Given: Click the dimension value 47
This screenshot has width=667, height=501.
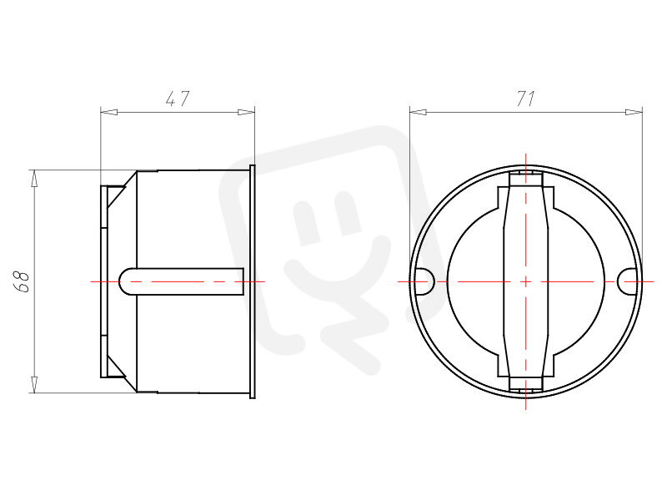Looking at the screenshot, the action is tap(177, 99).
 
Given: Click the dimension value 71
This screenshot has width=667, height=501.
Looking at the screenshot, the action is tap(526, 99).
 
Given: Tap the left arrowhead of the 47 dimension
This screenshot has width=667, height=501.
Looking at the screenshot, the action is tap(108, 112).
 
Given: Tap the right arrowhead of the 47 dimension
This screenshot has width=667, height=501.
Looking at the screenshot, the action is tap(246, 112).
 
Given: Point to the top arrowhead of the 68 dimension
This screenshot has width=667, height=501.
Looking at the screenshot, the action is tap(33, 178).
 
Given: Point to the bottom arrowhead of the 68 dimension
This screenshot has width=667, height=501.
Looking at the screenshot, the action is tap(33, 384).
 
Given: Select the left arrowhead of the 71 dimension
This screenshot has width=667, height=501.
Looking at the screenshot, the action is tap(418, 112).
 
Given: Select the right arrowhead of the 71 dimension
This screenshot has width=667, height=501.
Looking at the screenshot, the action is tap(634, 112).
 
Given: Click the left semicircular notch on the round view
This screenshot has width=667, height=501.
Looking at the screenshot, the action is tap(424, 281).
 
